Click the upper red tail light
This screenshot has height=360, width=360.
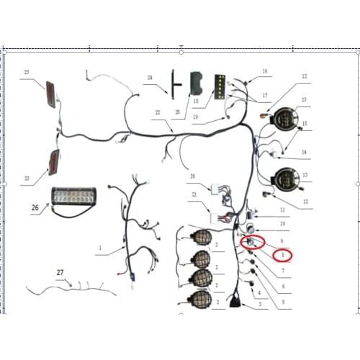[x=50, y=93]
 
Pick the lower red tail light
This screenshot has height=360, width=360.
[x=52, y=161]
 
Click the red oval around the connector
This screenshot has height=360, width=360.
[x=253, y=242]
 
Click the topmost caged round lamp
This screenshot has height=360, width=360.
[x=202, y=237]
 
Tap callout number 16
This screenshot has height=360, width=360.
[x=264, y=71]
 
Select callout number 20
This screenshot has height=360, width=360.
[x=192, y=176]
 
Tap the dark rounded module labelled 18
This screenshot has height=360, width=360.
[x=197, y=86]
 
